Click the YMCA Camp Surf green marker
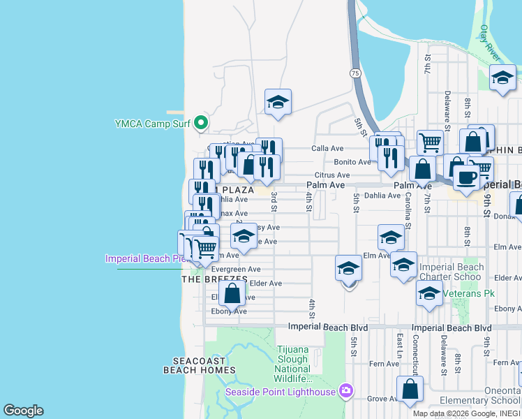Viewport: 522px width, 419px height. click(x=201, y=124)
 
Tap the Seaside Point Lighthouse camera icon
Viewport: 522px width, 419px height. click(x=345, y=391)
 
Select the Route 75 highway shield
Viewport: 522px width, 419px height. click(x=356, y=73)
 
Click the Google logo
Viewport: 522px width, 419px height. click(x=23, y=411)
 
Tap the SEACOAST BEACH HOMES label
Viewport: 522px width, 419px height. click(x=200, y=365)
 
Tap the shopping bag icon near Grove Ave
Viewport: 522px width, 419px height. click(x=410, y=390)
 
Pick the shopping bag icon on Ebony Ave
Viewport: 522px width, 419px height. click(x=232, y=293)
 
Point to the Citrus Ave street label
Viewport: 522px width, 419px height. click(x=332, y=175)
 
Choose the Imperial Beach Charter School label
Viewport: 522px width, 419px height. click(x=451, y=272)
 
